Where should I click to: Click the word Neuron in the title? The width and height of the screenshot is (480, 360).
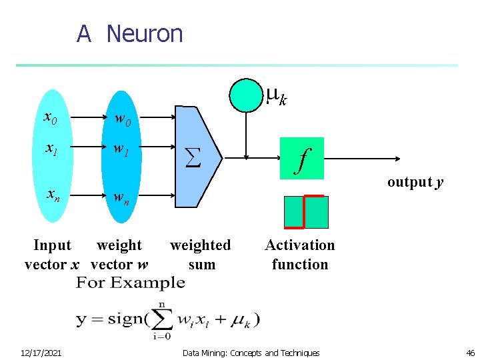[x=144, y=33]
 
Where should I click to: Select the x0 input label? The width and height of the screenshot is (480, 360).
[x=51, y=118]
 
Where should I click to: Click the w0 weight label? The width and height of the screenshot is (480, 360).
[x=123, y=120]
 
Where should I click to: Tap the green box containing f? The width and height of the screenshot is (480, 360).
[x=301, y=159]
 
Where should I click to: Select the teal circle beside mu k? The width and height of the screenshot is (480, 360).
[x=246, y=95]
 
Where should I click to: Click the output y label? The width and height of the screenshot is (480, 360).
[x=415, y=182]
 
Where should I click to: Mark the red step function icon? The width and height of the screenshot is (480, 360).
[x=306, y=212]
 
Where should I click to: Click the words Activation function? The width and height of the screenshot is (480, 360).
[x=300, y=255]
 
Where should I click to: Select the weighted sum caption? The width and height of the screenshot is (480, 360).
[x=201, y=255]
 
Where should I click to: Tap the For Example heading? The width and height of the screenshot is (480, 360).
[x=131, y=283]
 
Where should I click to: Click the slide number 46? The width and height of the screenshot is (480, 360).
[x=470, y=353]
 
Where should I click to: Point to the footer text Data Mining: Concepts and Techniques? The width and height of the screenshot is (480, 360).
[x=251, y=353]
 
